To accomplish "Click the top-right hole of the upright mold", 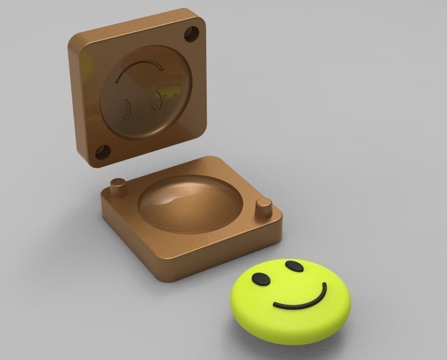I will click(195, 32).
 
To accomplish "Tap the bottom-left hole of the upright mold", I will click(101, 152).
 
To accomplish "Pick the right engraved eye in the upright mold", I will click(158, 100).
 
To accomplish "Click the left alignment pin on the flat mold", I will click(118, 185).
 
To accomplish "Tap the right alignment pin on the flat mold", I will click(263, 207).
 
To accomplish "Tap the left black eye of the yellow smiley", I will click(260, 279).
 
